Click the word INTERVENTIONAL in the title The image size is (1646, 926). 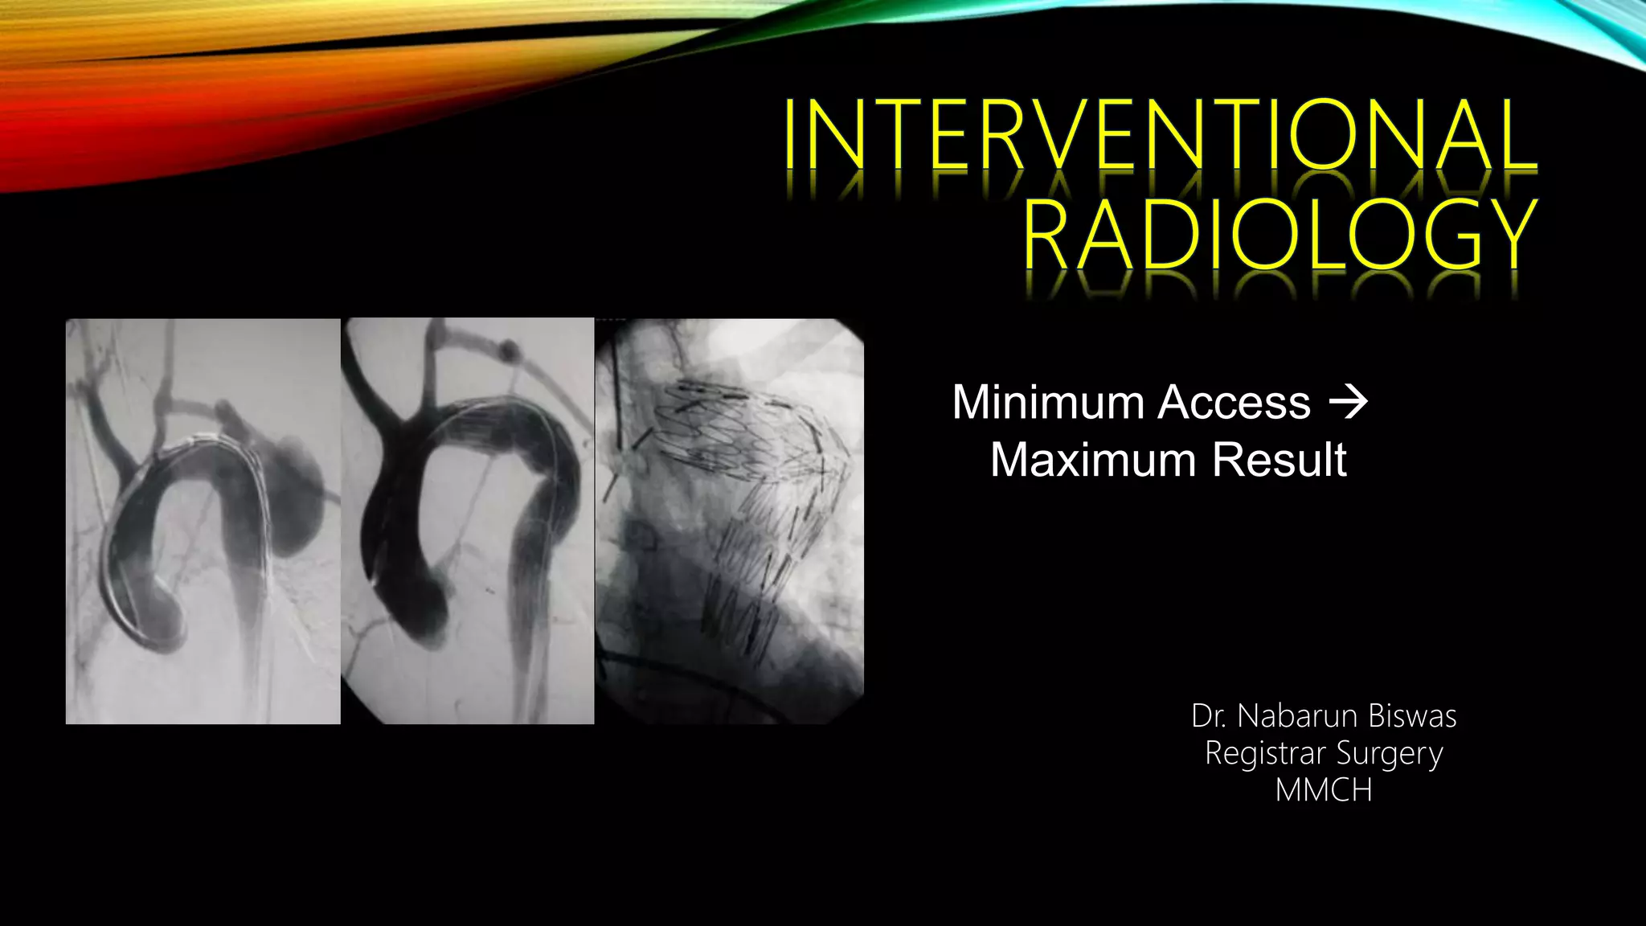(1161, 134)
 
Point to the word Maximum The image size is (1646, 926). (1095, 460)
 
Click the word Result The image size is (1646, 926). (1280, 460)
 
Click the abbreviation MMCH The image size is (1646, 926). (1324, 791)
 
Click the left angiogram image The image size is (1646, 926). (203, 521)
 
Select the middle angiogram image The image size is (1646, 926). (467, 521)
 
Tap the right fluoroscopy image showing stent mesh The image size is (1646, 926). (730, 521)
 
